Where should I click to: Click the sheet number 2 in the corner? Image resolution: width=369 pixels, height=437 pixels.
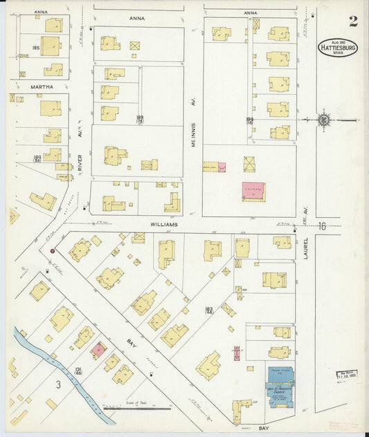(x=353, y=21)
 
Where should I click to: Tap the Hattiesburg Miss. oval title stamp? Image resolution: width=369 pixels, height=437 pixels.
(x=338, y=48)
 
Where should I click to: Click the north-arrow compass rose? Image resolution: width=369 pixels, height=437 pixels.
(x=323, y=120)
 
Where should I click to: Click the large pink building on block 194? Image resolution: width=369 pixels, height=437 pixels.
(x=253, y=192)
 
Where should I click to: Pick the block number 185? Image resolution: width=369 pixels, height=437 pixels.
(x=35, y=48)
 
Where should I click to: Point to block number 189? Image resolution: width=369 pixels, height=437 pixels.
(x=139, y=119)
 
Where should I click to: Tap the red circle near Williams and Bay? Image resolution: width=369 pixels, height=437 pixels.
(x=52, y=251)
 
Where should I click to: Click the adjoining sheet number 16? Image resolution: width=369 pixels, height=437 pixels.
(x=322, y=226)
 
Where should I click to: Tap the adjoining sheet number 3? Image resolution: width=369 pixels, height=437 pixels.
(x=60, y=384)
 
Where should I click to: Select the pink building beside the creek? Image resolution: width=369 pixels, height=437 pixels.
(x=99, y=350)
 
